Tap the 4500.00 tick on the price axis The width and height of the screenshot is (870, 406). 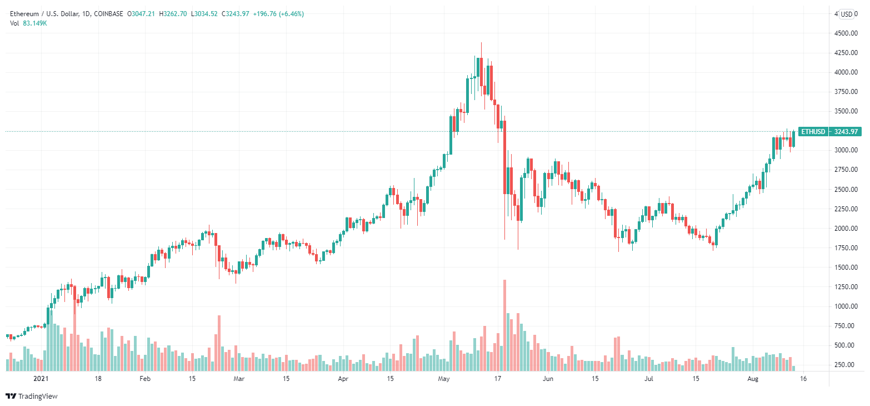pos(849,33)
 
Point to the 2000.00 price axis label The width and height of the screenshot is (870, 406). pos(849,229)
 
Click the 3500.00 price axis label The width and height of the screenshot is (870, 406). pos(849,111)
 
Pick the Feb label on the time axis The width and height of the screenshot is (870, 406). pos(144,379)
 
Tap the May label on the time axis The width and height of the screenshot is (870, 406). pos(443,379)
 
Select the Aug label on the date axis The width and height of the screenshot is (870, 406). pos(753,379)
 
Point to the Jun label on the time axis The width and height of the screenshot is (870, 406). pos(548,379)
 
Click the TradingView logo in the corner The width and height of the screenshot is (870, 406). pos(32,396)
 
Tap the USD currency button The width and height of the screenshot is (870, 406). pos(847,14)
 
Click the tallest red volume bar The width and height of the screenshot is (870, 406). pos(504,325)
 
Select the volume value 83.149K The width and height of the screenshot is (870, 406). pos(34,23)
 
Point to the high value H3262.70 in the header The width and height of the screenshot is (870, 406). pos(173,13)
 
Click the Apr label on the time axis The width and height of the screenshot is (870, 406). pos(343,379)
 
